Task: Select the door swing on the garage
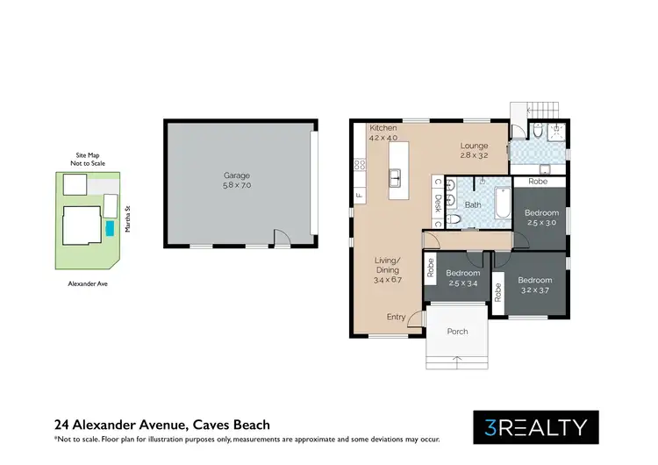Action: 281,237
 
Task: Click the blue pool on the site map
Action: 109,228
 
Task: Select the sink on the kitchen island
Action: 396,179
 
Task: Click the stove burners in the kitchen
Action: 359,164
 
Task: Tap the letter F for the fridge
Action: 358,195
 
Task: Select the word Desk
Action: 437,204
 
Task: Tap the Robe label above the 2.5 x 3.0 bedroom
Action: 539,182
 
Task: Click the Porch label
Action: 457,332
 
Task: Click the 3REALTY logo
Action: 536,427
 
